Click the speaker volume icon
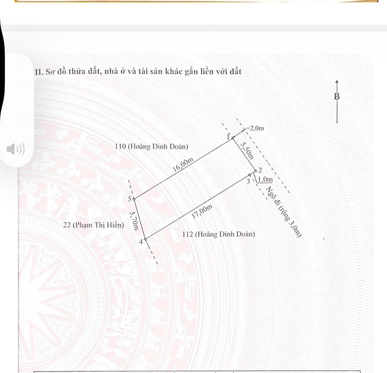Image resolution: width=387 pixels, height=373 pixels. pos(15,149)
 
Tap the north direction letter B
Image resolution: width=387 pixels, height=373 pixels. pos(337,97)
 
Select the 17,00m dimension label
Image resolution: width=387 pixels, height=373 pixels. pos(202,212)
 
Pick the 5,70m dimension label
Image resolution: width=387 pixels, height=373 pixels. pos(134,221)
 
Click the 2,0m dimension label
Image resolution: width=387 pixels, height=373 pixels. pos(257,128)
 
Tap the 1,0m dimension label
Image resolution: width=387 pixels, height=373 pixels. pos(265,180)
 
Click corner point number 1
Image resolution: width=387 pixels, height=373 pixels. pos(233,138)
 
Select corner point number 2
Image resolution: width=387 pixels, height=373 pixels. pos(256,171)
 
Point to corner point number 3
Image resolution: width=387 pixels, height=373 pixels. pos(250,175)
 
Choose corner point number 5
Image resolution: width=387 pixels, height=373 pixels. pos(134,199)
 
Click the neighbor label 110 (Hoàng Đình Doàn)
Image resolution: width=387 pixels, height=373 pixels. pos(151,146)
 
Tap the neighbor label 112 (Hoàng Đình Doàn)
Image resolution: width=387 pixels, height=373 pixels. pos(219,234)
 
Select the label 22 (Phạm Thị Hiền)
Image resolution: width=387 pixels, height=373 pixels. pos(93,225)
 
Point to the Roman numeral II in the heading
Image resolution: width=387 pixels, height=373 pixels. pos(39,72)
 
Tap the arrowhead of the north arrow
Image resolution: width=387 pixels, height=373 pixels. pos(337,82)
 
